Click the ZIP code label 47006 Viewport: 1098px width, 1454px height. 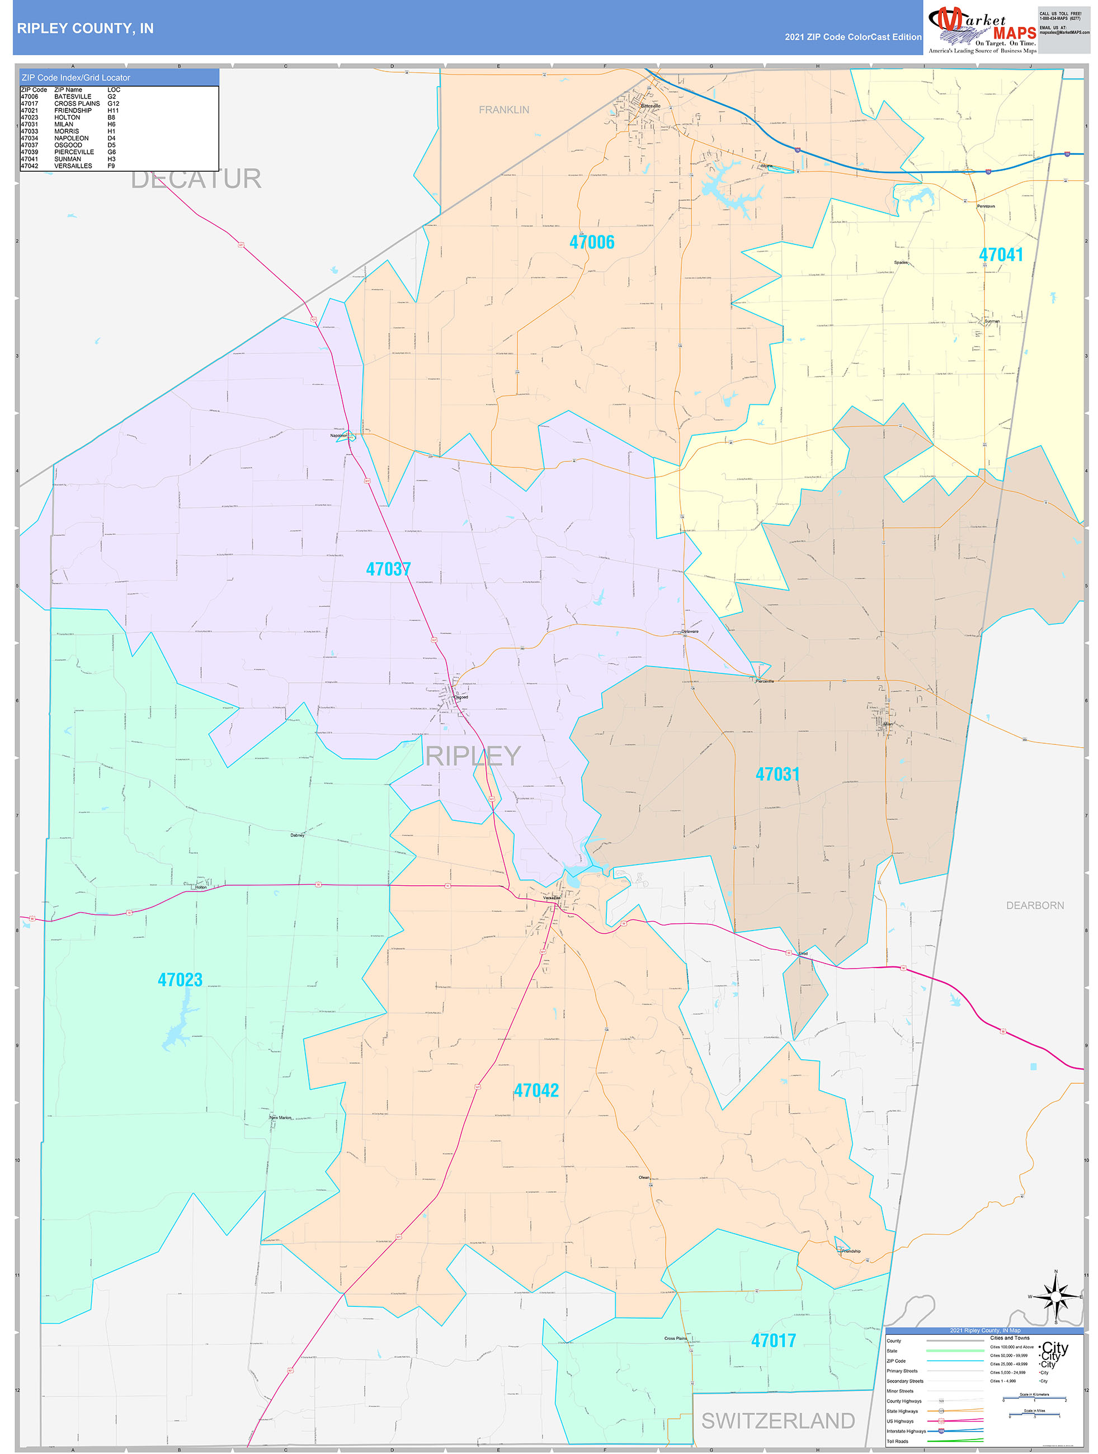[592, 243]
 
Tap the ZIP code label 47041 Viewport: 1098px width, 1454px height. [1001, 255]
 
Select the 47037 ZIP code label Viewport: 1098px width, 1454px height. [388, 569]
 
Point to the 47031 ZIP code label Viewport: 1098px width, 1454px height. [777, 775]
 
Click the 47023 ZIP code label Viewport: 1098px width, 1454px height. [180, 980]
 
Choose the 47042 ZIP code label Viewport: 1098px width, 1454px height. [536, 1090]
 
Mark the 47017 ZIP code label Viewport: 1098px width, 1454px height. [773, 1341]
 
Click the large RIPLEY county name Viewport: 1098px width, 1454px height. [473, 757]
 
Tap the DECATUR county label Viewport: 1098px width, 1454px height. [196, 179]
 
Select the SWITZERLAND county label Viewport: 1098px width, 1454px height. [778, 1420]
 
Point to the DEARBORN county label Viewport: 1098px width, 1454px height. [1034, 906]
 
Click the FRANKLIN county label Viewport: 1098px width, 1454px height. [503, 110]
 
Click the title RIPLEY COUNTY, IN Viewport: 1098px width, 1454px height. [86, 29]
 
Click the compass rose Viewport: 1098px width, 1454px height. [1055, 1297]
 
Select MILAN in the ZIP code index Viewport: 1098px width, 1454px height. [64, 124]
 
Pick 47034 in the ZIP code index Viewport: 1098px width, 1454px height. [30, 138]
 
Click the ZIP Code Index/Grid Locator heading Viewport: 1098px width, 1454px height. [76, 78]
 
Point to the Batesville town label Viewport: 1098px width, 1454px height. [651, 106]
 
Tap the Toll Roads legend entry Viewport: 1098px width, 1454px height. [897, 1441]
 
